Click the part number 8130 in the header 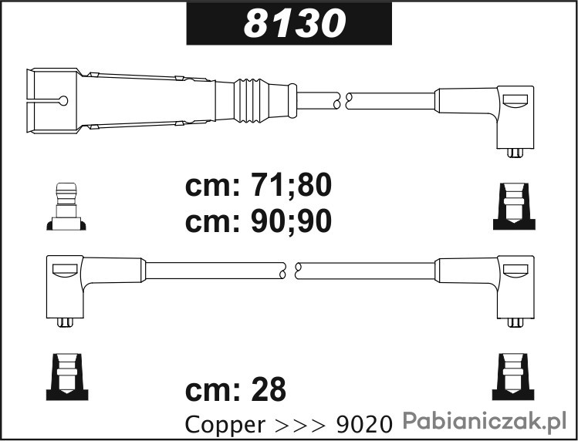(295, 23)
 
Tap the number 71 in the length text (265, 186)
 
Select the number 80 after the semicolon (314, 186)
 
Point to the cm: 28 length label (235, 389)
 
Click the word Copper (225, 425)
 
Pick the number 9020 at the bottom (363, 425)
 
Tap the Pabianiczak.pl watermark (484, 421)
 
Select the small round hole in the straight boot (63, 100)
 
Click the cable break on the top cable (342, 100)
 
